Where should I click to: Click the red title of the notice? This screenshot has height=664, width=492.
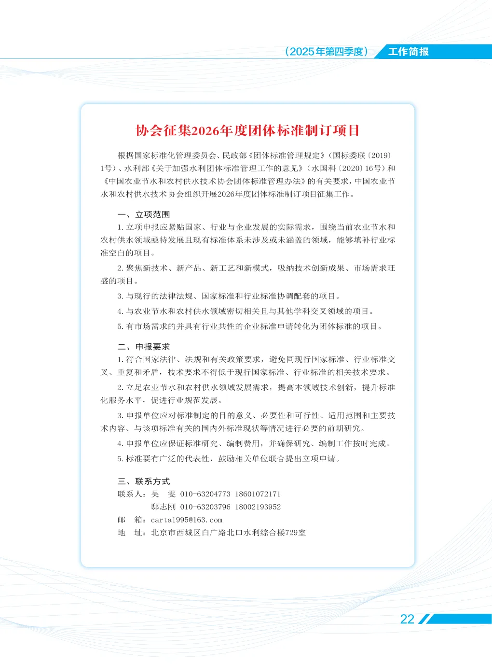247,130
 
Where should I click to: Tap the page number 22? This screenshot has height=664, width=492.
407,620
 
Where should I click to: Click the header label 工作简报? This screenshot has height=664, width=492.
409,52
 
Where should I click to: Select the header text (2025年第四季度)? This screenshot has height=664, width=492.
327,52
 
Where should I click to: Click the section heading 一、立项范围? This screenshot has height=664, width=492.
144,214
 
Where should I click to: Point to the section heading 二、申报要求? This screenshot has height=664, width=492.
144,347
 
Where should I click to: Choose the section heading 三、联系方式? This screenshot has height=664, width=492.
144,481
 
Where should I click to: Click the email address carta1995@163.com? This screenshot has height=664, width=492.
187,520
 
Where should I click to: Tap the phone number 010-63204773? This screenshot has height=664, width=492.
205,494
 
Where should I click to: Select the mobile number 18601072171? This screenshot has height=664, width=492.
258,494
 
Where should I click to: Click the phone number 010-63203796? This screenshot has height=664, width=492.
205,507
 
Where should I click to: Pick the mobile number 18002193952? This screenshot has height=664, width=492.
258,507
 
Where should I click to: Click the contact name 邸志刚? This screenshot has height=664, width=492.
164,507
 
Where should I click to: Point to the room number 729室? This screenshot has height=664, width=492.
296,533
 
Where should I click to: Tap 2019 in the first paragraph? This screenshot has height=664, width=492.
380,155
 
